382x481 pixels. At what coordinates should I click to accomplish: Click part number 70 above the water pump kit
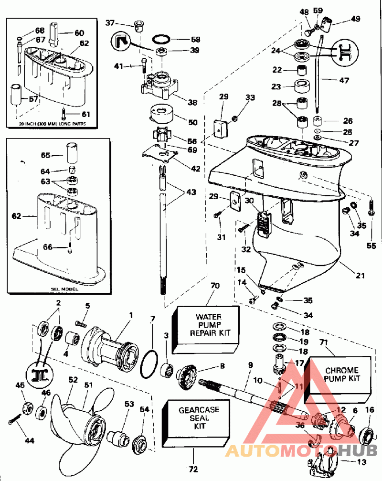click(x=215, y=286)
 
